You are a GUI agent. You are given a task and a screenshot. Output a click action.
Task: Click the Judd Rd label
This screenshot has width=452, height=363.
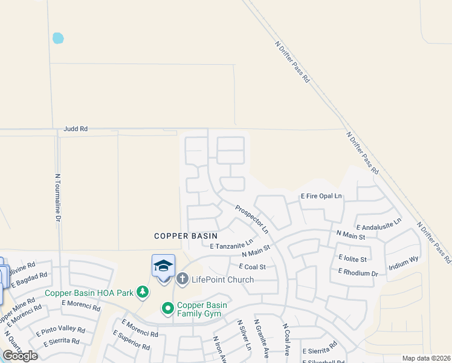(76, 129)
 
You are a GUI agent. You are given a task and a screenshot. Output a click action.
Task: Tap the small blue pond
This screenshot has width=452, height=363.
(58, 38)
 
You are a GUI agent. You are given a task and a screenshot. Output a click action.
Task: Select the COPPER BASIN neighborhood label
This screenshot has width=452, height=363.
(186, 235)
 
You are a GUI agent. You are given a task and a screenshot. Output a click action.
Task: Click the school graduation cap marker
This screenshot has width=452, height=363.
(163, 266)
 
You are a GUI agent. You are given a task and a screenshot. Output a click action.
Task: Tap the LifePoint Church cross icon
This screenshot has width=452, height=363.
(182, 279)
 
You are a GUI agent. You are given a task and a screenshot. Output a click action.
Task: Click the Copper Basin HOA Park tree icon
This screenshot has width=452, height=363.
(143, 293)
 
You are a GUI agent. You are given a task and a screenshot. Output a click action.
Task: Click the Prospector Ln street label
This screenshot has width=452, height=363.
(252, 219)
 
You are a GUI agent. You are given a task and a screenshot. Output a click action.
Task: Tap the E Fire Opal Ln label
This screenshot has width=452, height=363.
(321, 196)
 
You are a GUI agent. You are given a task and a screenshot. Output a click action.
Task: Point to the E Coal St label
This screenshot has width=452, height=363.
(253, 266)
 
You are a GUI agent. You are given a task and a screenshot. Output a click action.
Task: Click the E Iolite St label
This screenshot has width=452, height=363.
(352, 258)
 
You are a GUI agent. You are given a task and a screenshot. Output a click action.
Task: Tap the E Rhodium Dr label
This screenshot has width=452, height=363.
(358, 272)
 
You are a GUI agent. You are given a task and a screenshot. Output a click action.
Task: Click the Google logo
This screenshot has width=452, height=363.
(20, 356)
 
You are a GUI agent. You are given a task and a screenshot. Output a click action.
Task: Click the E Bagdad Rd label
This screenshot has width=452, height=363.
(29, 280)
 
